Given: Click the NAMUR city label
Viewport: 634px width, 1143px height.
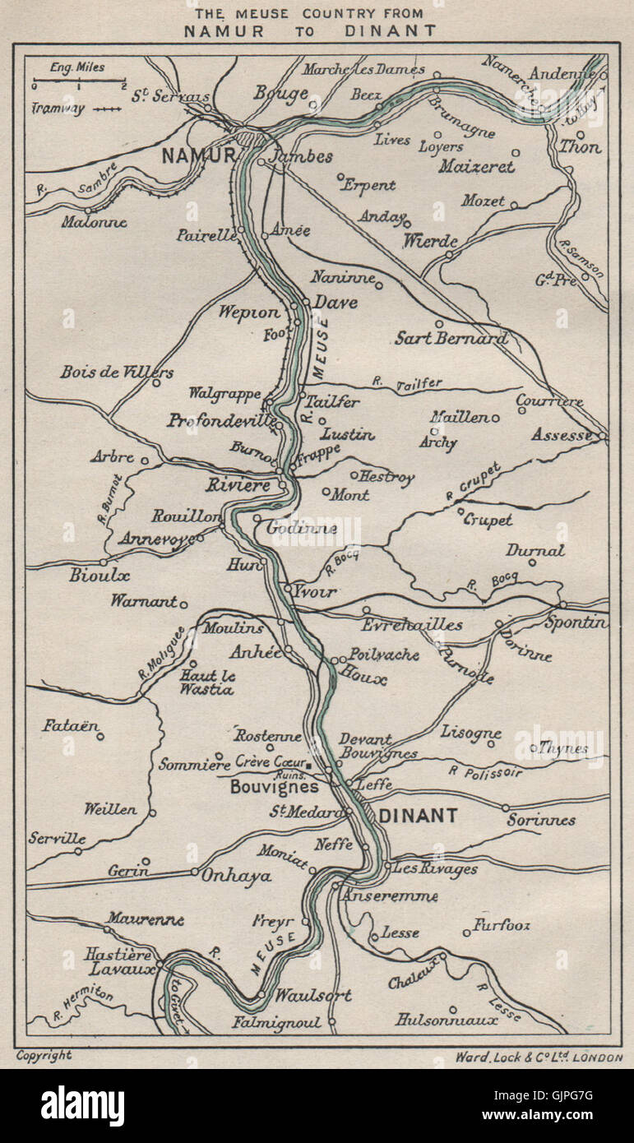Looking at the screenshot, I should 197,155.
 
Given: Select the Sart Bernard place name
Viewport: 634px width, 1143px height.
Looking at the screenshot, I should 451,338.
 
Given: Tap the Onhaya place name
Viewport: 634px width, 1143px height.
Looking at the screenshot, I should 236,877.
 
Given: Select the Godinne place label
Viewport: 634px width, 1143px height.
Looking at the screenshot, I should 301,528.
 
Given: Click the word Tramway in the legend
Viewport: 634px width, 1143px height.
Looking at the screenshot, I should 58,109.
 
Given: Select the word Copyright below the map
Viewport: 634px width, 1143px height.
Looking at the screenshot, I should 44,1055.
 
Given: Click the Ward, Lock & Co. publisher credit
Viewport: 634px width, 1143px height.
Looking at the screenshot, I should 539,1057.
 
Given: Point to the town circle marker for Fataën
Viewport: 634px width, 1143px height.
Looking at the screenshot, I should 100,736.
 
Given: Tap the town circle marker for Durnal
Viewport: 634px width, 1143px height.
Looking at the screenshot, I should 532,563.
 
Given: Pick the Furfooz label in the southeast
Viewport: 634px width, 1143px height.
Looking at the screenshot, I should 502,925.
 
